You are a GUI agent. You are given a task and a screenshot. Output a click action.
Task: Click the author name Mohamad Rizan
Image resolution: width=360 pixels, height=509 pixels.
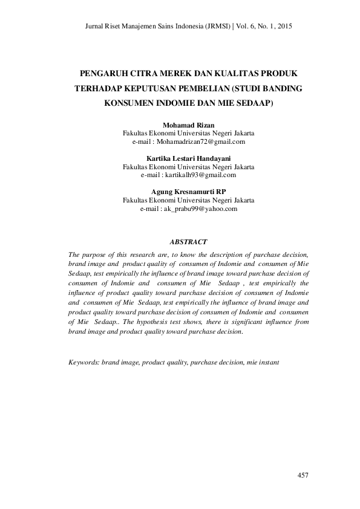[188, 125]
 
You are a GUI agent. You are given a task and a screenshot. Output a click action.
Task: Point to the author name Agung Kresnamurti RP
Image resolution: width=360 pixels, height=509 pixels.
[188, 192]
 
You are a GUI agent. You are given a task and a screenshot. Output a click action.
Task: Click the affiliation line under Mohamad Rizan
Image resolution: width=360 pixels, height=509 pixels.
[188, 133]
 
